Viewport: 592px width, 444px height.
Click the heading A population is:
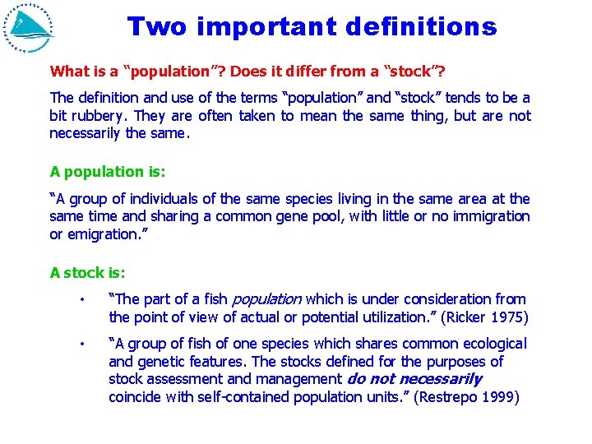point(108,172)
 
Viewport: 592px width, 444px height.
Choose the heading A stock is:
point(88,272)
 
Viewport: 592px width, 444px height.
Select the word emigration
point(103,234)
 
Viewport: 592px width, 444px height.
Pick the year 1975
point(508,317)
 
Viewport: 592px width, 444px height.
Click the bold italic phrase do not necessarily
point(414,379)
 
